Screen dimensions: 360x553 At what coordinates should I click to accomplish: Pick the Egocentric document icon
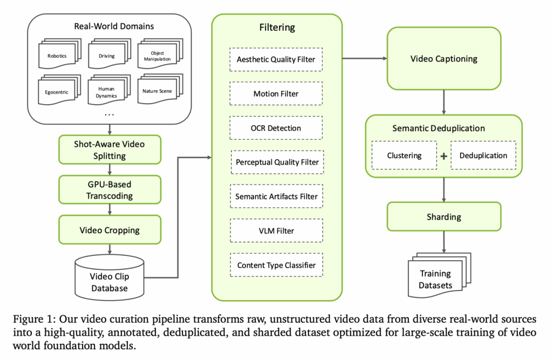coord(57,92)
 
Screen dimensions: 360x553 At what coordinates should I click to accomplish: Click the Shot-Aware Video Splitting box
coord(110,150)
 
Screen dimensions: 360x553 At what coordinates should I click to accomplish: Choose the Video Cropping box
coord(110,230)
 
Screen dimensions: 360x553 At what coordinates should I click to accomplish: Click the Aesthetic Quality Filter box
coord(276,59)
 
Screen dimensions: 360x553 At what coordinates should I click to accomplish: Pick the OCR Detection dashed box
coord(276,128)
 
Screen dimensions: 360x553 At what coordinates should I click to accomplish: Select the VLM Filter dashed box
coord(276,231)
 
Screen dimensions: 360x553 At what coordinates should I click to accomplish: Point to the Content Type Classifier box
coord(276,265)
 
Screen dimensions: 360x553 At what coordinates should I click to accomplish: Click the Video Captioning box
coord(444,59)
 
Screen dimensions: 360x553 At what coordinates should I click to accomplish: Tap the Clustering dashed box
coord(404,156)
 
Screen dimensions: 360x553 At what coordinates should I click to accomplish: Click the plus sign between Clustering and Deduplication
coord(444,156)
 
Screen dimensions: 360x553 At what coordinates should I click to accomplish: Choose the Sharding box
coord(444,217)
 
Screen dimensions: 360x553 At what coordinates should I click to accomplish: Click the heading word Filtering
coord(276,26)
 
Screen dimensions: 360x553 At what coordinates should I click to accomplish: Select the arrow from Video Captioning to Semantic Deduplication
coord(444,102)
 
